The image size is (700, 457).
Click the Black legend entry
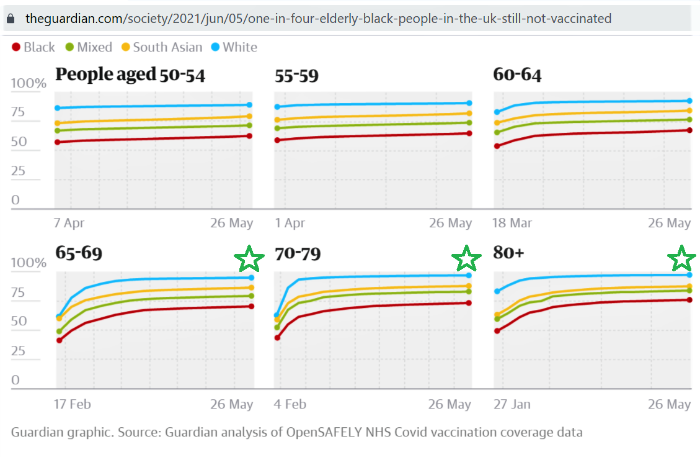pos(33,47)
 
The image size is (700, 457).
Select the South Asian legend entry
pos(162,47)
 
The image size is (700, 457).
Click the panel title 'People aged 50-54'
pos(130,75)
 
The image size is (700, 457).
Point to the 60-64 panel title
pos(517,75)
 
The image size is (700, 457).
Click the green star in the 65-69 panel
pos(249,259)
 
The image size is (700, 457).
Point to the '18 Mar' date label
pos(513,224)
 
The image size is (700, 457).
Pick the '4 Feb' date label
pos(290,404)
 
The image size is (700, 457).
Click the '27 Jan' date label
pos(512,404)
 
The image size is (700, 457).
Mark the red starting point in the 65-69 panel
pos(60,340)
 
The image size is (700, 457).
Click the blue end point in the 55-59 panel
pos(469,103)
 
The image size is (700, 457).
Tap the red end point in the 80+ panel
pos(689,300)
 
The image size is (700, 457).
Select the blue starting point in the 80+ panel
pos(497,291)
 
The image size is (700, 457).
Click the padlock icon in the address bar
pos(11,19)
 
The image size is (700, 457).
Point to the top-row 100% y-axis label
pos(29,84)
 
